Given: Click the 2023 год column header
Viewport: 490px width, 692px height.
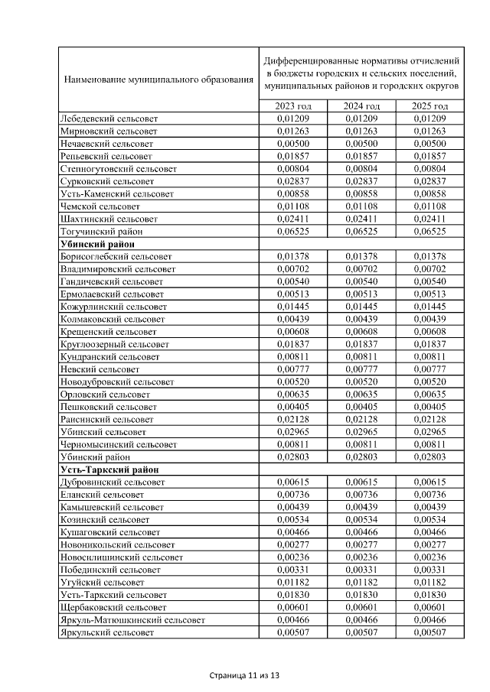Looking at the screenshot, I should click(294, 106).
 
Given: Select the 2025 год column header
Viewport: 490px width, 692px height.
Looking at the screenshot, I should click(430, 106).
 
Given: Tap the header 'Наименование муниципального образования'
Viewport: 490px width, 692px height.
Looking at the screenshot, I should click(158, 79).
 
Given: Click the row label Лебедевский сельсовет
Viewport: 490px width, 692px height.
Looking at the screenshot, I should click(108, 119).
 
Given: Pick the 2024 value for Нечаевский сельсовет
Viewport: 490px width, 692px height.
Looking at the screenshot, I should click(362, 144).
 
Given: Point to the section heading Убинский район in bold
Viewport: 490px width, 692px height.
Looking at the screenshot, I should click(93, 243).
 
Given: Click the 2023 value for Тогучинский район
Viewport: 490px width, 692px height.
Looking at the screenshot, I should click(294, 231).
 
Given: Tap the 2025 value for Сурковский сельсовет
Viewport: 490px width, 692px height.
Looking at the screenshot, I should click(430, 181).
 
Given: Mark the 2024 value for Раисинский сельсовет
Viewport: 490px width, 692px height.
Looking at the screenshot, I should click(362, 419).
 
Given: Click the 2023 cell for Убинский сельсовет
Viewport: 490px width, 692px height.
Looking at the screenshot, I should click(294, 432).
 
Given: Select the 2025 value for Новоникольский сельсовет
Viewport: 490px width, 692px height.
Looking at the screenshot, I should click(430, 544).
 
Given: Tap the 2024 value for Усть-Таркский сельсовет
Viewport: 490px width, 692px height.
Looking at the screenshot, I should click(362, 595).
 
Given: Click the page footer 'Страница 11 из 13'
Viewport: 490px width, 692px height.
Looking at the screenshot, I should click(245, 676).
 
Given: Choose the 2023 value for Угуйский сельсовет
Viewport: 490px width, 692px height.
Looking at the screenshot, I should click(294, 582).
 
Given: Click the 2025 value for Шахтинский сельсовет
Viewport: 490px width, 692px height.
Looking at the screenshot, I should click(430, 219).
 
